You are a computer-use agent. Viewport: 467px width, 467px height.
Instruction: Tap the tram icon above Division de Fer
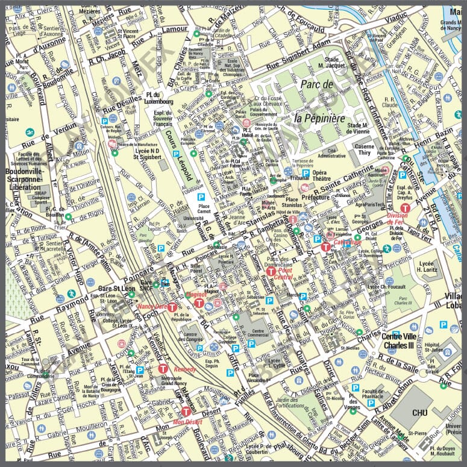pos(406,207)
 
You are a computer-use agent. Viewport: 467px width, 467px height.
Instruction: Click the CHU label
pos(420,413)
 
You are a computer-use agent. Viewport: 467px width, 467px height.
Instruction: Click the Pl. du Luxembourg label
pos(160,98)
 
